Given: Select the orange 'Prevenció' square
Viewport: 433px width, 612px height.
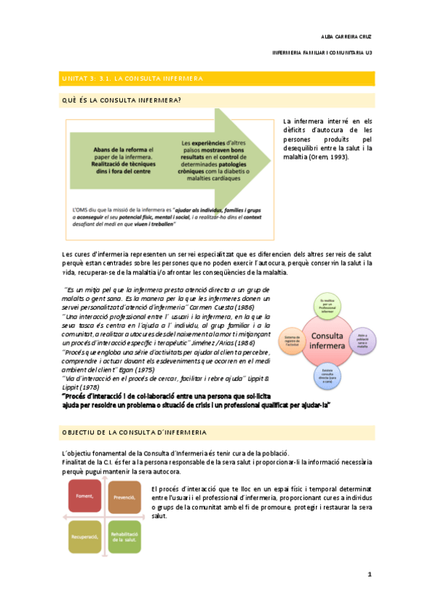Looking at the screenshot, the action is point(124,497).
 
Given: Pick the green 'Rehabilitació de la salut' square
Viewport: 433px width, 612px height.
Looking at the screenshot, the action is point(124,537).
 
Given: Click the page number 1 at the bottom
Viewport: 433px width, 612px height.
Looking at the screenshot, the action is point(369,574).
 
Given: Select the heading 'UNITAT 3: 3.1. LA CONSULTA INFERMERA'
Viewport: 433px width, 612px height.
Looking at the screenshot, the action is point(131,77).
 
